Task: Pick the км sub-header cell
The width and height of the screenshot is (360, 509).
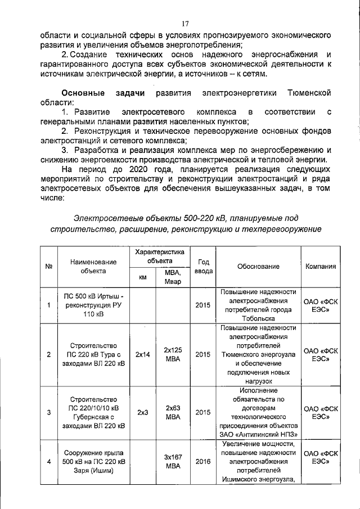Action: point(142,277)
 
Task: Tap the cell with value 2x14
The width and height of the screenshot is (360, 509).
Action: point(142,354)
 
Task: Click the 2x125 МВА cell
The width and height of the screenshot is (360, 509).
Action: point(173,354)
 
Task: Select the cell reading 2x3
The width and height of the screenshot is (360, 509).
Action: point(142,412)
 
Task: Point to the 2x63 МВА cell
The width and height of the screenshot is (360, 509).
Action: point(173,412)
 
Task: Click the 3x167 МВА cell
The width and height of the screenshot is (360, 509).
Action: point(173,462)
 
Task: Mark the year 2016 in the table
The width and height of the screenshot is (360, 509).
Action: point(203,462)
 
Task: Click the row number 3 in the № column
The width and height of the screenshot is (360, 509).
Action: point(49,412)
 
